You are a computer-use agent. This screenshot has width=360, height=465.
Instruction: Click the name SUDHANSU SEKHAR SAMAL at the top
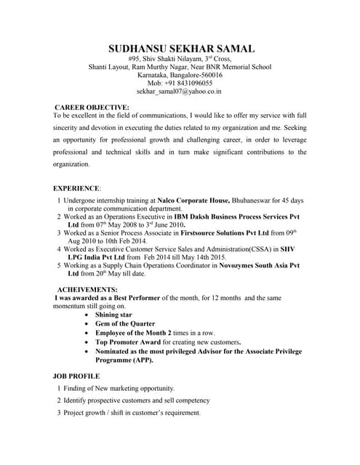point(180,49)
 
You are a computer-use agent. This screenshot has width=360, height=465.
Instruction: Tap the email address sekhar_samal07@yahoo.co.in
point(180,92)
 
